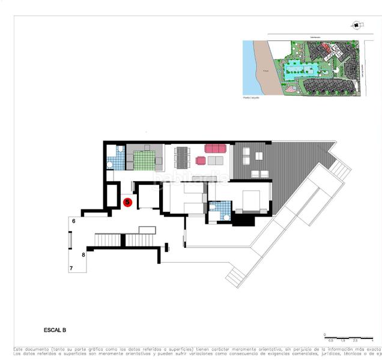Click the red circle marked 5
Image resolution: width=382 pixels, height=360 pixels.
(127, 202)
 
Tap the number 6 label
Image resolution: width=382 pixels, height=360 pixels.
(73, 221)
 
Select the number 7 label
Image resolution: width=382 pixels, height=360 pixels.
(71, 268)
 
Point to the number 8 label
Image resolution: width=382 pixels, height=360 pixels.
(83, 254)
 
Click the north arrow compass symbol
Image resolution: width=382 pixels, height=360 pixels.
(356, 25)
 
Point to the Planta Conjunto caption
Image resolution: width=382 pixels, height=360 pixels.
(251, 97)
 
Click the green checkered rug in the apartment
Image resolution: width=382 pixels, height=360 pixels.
(144, 161)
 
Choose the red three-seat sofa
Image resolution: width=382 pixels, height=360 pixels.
(215, 148)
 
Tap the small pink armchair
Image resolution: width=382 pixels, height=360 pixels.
(201, 161)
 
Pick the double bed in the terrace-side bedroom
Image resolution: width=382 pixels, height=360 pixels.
(250, 200)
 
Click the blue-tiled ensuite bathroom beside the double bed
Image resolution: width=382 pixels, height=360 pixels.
(220, 211)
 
